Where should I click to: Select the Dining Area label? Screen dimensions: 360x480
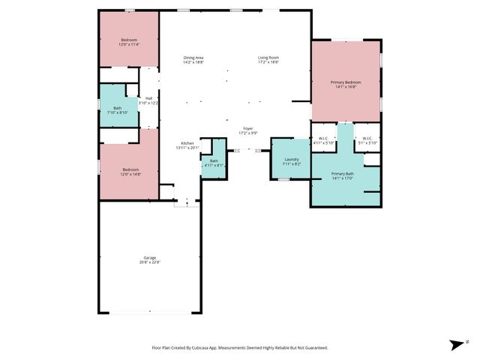[193, 58]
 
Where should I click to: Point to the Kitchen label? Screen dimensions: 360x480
[187, 143]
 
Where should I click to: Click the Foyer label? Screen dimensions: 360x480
[247, 129]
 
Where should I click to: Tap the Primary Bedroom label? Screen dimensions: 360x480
[346, 82]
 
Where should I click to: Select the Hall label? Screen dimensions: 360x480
[148, 98]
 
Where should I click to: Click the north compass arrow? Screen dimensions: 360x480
[456, 344]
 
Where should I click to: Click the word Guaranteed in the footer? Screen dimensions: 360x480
[314, 348]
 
